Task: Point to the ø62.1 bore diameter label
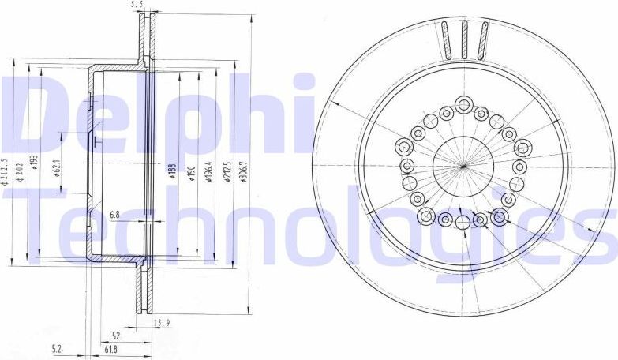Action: click(59, 172)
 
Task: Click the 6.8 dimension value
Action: click(114, 214)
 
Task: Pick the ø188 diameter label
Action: click(171, 172)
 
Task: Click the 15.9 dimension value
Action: click(162, 322)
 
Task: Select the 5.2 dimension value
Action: click(56, 348)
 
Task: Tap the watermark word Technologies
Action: click(316, 229)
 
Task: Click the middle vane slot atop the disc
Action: click(464, 38)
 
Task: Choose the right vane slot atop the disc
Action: click(481, 39)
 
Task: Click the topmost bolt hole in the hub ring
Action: click(463, 105)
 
